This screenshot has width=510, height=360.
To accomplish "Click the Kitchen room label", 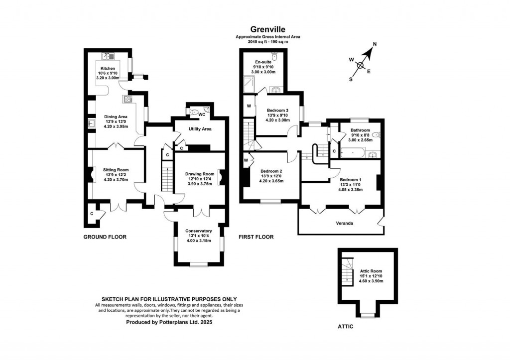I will tap(108, 68).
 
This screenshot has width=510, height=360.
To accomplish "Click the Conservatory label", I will tap(199, 231).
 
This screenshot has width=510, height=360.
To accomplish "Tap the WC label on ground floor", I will tap(202, 114).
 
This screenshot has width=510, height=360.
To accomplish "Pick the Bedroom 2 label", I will tap(271, 171).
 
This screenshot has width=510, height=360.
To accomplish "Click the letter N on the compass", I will tap(375, 44).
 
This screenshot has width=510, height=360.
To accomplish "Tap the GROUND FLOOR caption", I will tap(105, 237).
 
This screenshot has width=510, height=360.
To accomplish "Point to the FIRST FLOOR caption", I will tap(256, 237).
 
